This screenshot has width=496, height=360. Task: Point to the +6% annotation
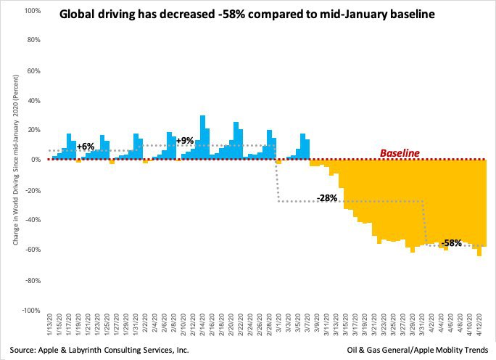tap(86, 146)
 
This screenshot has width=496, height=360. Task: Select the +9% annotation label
tap(186, 141)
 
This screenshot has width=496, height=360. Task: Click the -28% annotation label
tap(327, 198)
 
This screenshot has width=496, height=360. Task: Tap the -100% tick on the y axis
tap(30, 310)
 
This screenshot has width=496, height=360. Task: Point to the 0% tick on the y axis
tap(34, 160)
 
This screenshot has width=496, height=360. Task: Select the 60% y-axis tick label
tap(33, 70)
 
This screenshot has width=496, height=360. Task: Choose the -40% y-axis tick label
tap(31, 220)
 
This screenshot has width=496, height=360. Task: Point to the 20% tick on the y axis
tap(33, 130)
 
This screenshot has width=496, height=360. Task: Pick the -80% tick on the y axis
tap(31, 280)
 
